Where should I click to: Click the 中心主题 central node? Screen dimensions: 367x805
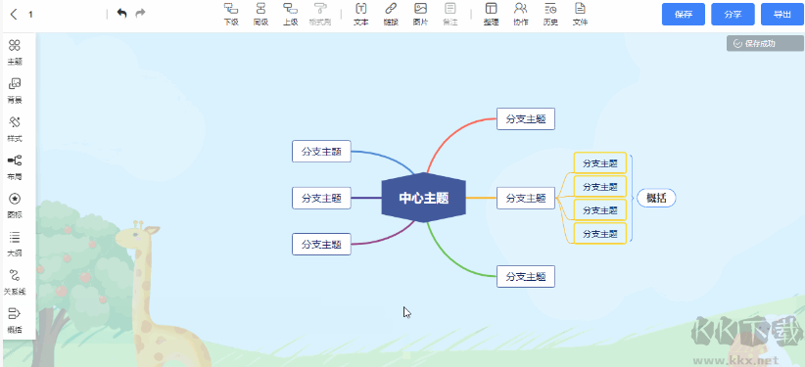click(423, 198)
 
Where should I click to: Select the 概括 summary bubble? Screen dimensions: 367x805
click(656, 198)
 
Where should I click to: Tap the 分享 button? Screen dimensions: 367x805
click(733, 14)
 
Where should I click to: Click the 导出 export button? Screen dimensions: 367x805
click(781, 14)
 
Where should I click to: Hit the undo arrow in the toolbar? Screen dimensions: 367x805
click(121, 13)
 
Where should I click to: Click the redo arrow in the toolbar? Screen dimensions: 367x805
click(140, 13)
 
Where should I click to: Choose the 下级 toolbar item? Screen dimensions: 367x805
click(231, 13)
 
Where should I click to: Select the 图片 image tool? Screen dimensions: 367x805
click(420, 13)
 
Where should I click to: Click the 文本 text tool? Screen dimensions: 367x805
click(360, 13)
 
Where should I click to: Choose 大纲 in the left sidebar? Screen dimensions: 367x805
click(15, 242)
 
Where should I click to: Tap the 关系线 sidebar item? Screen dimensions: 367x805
click(15, 281)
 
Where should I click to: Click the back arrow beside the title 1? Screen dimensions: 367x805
click(14, 14)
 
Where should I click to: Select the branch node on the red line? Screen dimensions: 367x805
click(526, 118)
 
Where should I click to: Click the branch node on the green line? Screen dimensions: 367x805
click(526, 276)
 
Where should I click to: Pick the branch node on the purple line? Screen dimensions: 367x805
click(321, 244)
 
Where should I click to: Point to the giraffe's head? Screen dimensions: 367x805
click(138, 236)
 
